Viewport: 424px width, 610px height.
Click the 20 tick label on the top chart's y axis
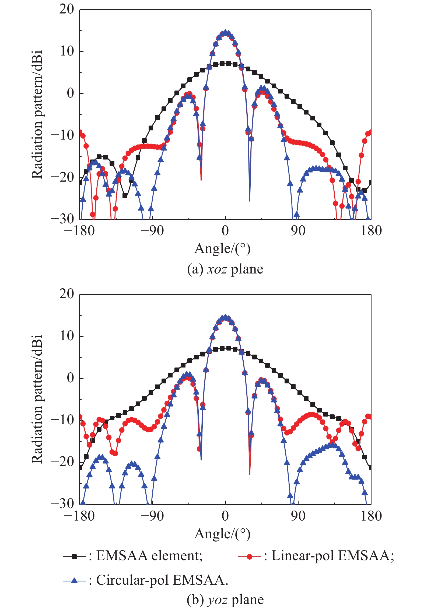pyautogui.click(x=66, y=9)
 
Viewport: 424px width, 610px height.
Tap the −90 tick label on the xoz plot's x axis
pyautogui.click(x=152, y=231)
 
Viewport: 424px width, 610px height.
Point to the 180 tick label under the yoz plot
pyautogui.click(x=371, y=516)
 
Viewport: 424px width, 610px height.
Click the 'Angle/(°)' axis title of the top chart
pyautogui.click(x=222, y=249)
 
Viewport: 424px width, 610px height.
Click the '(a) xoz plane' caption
pyautogui.click(x=225, y=269)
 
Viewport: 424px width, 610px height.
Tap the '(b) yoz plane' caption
pyautogui.click(x=225, y=600)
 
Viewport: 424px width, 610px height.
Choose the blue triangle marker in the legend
pyautogui.click(x=75, y=580)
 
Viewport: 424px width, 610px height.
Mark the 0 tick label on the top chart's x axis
pyautogui.click(x=225, y=231)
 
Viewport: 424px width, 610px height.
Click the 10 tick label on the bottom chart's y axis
pyautogui.click(x=66, y=336)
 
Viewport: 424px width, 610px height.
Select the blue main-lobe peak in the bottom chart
pyautogui.click(x=225, y=317)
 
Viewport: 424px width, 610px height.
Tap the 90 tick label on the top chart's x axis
pyautogui.click(x=298, y=231)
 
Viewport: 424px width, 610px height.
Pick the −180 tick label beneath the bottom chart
pyautogui.click(x=79, y=516)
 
